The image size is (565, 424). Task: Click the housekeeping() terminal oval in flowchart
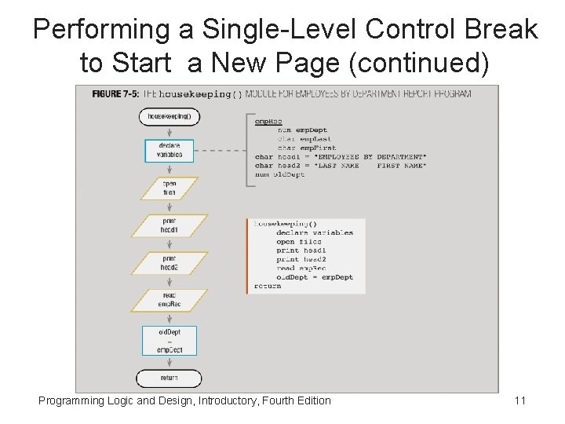point(169,117)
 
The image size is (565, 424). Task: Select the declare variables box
point(169,150)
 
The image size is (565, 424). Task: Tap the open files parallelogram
point(169,188)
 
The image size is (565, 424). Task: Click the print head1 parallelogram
point(169,225)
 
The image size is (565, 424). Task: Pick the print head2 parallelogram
point(169,263)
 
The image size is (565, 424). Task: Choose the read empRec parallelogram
point(169,301)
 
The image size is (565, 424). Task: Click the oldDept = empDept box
point(169,341)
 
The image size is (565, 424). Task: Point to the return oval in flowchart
point(169,378)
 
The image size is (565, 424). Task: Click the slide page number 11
point(519,401)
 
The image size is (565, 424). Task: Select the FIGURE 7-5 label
point(116,94)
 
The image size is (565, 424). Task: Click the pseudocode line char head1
point(340,157)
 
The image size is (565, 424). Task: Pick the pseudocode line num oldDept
point(280,174)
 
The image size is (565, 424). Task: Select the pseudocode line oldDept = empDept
point(315,277)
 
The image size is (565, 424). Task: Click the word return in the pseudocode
point(268,287)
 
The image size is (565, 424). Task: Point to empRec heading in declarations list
point(268,122)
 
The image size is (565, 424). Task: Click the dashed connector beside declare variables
point(220,150)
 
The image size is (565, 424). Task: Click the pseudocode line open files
point(298,242)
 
